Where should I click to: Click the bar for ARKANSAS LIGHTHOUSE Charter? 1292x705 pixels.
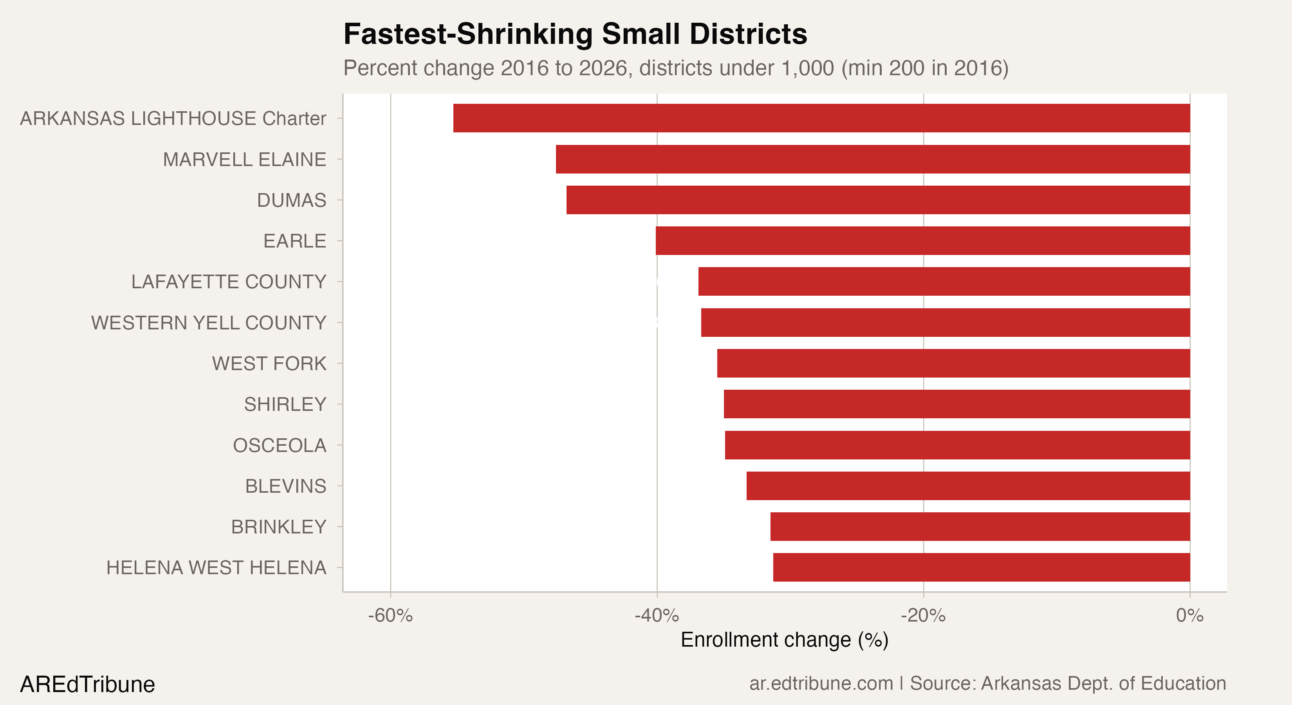(x=821, y=118)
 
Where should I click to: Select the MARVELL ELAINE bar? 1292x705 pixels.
(x=873, y=159)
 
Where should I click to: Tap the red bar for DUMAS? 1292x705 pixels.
(x=878, y=200)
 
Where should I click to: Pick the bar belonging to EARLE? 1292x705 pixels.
(x=922, y=241)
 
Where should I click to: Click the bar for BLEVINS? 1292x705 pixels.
(x=968, y=486)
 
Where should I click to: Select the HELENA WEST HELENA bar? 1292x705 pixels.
(x=981, y=568)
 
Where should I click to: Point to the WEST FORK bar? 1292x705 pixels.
(x=953, y=363)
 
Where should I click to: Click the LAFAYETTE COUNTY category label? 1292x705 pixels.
(x=229, y=282)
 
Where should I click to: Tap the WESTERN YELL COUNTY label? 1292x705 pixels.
(x=209, y=323)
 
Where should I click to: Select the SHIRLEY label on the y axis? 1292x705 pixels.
(x=285, y=405)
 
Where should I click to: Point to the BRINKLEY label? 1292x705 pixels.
(x=278, y=527)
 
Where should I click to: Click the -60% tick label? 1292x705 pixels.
(x=390, y=616)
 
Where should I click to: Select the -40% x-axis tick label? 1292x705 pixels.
(x=657, y=616)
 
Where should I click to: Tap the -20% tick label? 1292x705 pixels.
(x=923, y=616)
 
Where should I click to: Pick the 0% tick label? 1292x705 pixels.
(x=1190, y=616)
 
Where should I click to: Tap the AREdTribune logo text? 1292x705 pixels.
(x=87, y=684)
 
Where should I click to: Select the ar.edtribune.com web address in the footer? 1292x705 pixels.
(x=821, y=683)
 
